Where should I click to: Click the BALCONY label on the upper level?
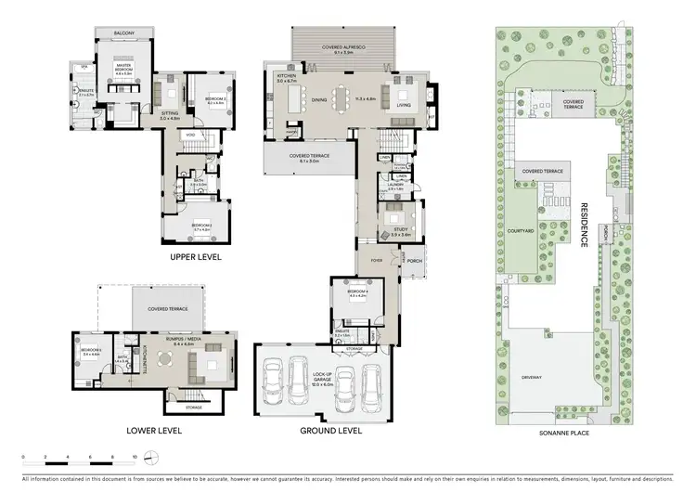pyautogui.click(x=124, y=33)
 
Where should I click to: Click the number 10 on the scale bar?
pyautogui.click(x=135, y=457)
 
